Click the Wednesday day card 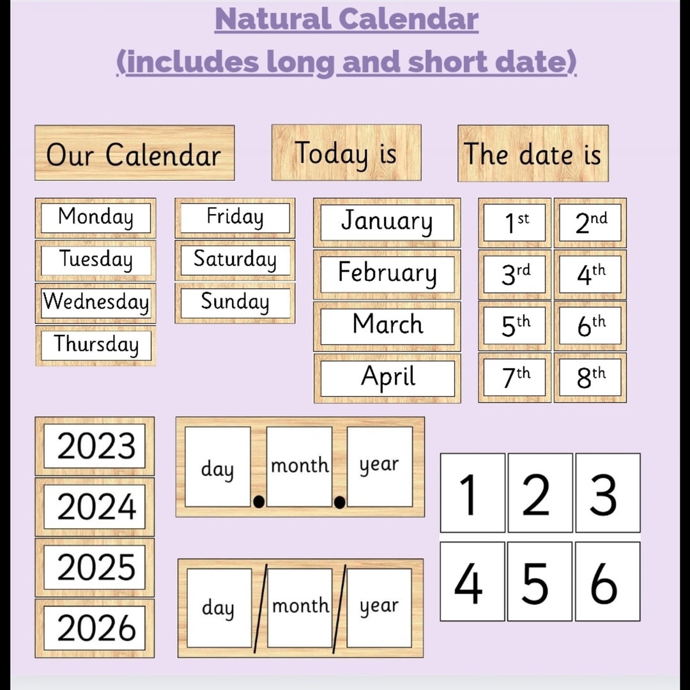pos(95,303)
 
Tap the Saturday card pos(234,260)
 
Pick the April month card pos(387,378)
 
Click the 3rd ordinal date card pos(514,274)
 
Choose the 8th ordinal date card pos(590,378)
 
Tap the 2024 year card pos(95,507)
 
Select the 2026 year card pos(95,627)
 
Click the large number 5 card pos(535,581)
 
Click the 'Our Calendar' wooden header pos(134,153)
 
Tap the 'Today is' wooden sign pos(346,153)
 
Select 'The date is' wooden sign pos(532,153)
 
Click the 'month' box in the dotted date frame pos(300,466)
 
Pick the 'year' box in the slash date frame pos(379,607)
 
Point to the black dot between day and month pos(259,502)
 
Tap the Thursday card pos(95,345)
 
